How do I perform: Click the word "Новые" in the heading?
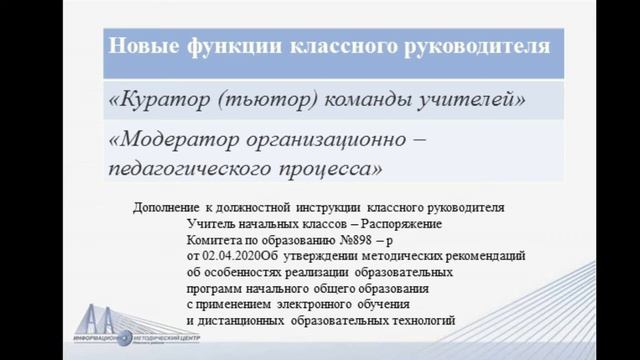pyautogui.click(x=141, y=45)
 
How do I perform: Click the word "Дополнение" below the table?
pyautogui.click(x=167, y=208)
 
